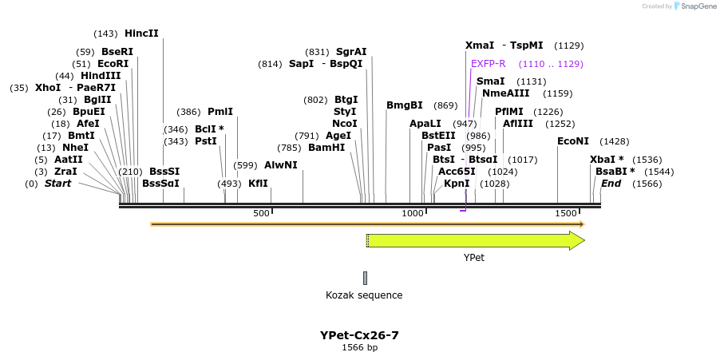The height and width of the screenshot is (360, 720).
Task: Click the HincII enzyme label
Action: coord(141,34)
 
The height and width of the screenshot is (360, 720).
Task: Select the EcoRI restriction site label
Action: coord(113,64)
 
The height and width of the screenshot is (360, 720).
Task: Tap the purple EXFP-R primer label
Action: coord(489,64)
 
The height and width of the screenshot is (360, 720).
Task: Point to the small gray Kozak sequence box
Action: coord(365,278)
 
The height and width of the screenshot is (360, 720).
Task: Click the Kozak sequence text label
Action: coord(364,295)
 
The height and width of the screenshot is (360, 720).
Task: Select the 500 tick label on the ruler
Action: coord(261,214)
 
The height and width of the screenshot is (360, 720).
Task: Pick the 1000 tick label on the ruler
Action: coord(413,214)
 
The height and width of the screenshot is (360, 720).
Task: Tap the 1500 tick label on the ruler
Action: coord(565,214)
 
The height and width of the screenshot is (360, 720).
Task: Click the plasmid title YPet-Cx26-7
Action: coord(359,335)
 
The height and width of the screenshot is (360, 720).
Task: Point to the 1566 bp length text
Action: coord(359,348)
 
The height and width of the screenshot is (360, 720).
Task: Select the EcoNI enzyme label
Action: coord(572,141)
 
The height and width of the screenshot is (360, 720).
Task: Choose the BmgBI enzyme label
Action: coord(405,105)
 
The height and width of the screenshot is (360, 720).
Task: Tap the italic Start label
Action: coord(57,184)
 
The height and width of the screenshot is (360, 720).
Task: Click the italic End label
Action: coord(611,184)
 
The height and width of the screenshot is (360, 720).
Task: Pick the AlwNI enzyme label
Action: coord(280,165)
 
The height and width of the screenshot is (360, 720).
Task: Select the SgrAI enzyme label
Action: coord(351,52)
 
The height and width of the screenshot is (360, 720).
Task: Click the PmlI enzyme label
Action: coord(220,112)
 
